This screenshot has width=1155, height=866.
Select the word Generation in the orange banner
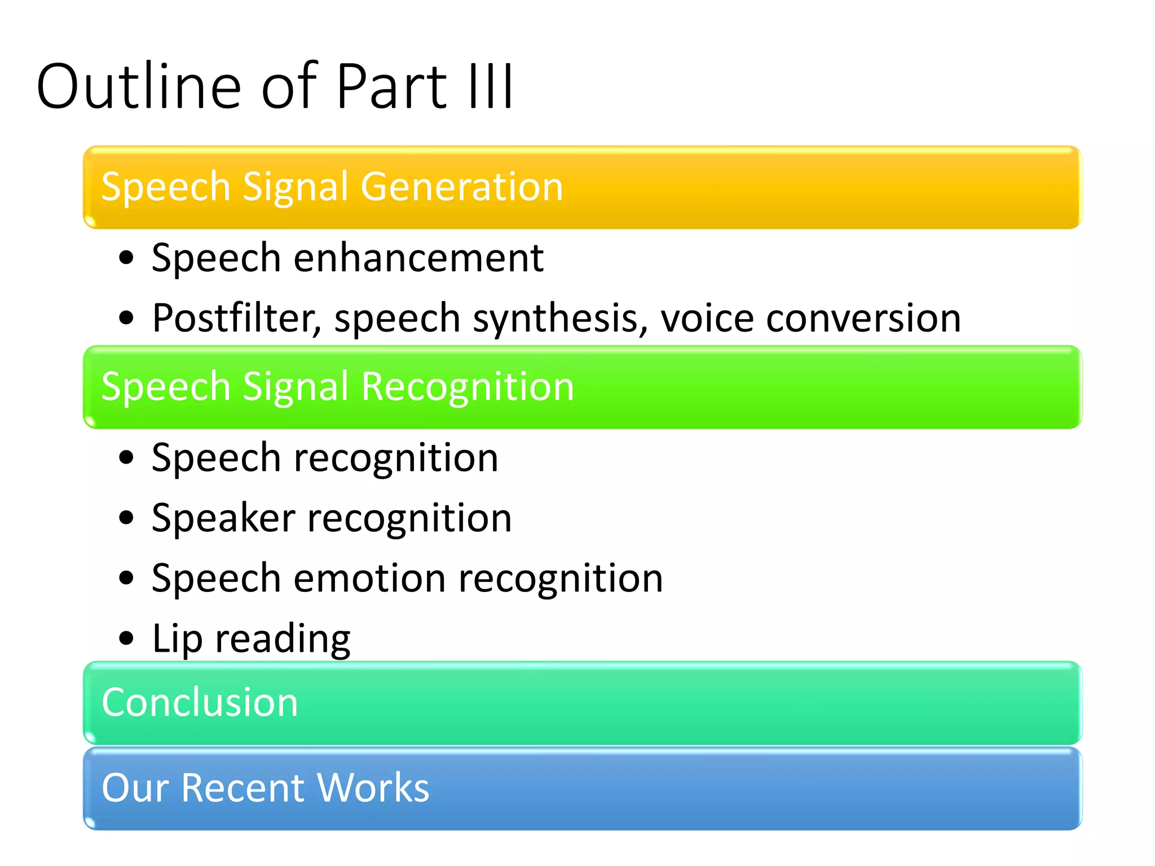(462, 187)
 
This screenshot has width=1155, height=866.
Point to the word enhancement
(418, 258)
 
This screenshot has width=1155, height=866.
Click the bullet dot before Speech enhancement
(127, 258)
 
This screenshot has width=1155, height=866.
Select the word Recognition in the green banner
(467, 387)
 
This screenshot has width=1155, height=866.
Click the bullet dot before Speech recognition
(127, 457)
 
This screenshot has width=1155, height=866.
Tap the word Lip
(177, 639)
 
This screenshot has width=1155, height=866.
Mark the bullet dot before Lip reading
(127, 638)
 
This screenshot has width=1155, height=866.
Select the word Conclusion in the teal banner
(200, 702)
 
